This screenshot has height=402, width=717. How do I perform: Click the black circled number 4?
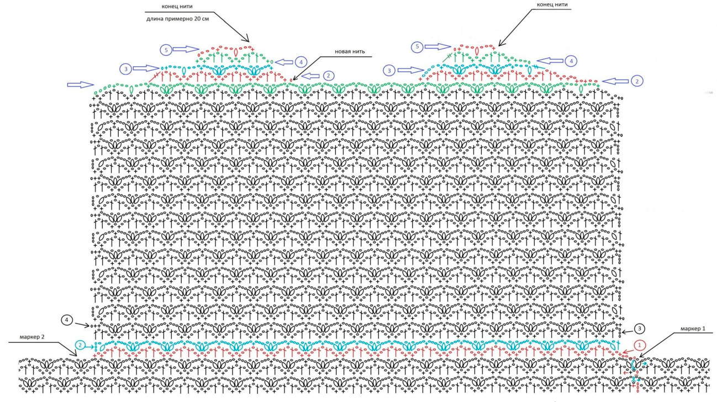pos(67,320)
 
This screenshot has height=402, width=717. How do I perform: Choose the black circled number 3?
pos(639,329)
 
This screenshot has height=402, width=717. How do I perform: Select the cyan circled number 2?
pos(80,345)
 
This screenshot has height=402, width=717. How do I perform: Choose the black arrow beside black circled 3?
pos(625,333)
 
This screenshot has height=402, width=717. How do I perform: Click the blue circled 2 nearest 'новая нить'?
pos(328,75)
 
